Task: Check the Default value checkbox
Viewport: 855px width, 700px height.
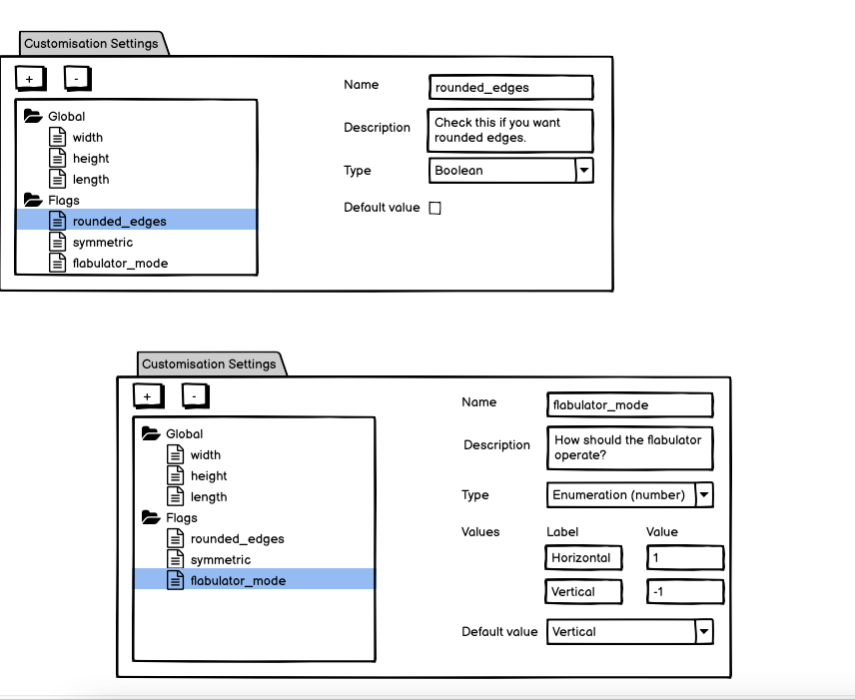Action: click(434, 208)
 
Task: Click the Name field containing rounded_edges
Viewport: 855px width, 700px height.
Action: click(510, 88)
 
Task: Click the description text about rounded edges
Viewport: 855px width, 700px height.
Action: click(510, 130)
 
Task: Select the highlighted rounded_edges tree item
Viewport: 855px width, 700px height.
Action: click(119, 221)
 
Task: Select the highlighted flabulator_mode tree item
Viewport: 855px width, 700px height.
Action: click(238, 580)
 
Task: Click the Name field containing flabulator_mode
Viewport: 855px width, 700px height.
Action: click(629, 404)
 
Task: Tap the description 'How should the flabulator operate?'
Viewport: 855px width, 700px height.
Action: click(629, 447)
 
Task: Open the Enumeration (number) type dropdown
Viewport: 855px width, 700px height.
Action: click(620, 494)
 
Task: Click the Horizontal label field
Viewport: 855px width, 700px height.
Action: click(583, 558)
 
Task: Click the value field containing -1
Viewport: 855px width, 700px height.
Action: click(684, 592)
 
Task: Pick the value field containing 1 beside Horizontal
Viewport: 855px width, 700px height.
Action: click(684, 558)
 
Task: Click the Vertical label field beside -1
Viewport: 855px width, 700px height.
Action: click(583, 592)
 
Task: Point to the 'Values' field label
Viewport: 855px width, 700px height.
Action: click(480, 531)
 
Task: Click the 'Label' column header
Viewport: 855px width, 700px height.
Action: click(562, 531)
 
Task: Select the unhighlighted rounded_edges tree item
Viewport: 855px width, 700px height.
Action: click(237, 538)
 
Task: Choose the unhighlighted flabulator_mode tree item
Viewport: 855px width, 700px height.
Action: click(120, 264)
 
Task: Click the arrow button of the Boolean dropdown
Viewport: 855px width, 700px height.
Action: click(584, 171)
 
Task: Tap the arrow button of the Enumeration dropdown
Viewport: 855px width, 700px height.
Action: click(703, 494)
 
